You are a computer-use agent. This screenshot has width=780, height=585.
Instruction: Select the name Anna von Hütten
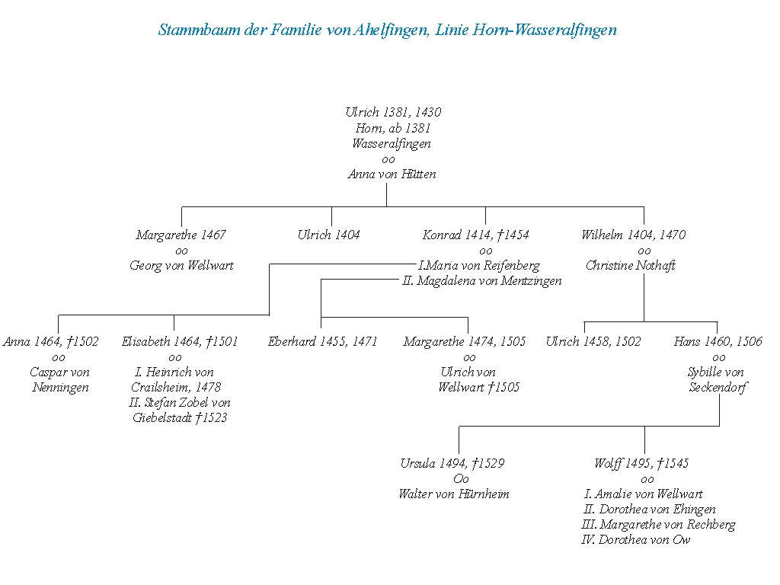392,174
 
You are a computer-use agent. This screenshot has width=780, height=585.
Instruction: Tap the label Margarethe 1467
181,235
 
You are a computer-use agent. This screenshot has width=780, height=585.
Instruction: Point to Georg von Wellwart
181,265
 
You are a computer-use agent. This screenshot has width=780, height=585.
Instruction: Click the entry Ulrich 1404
328,235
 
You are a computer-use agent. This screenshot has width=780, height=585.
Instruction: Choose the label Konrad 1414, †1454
475,235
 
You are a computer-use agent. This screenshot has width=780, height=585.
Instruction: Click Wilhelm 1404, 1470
633,235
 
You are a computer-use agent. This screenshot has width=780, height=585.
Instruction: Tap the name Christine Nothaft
631,265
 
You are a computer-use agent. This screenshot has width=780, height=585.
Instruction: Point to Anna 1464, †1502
51,341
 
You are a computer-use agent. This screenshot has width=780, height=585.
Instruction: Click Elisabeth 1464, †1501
180,341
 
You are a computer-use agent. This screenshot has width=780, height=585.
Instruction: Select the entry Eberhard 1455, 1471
322,341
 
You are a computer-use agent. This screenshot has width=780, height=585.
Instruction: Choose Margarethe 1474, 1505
465,341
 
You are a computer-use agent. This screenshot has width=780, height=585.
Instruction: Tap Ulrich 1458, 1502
593,341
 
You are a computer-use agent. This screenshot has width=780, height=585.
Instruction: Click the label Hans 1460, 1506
718,341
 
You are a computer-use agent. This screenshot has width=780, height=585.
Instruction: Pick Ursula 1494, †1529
452,463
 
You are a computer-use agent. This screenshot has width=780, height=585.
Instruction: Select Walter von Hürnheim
453,494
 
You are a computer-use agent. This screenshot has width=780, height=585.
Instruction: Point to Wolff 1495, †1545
641,463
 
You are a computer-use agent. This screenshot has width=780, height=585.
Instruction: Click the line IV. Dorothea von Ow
636,539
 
